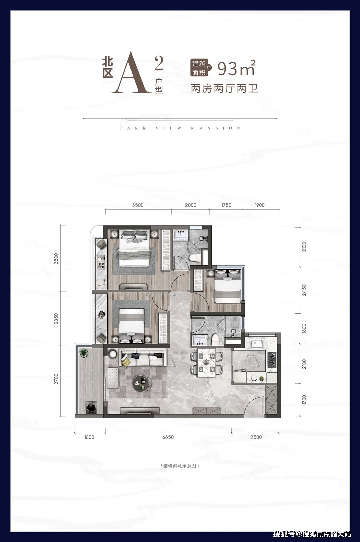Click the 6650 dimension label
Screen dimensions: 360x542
click(x=168, y=437)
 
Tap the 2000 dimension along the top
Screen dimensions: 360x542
click(x=191, y=205)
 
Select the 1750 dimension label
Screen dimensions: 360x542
click(x=226, y=205)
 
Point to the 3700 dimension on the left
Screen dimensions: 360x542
click(x=56, y=379)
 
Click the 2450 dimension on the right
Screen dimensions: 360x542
click(x=304, y=290)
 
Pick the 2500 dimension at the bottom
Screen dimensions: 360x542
click(x=256, y=437)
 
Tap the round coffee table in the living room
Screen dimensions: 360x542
click(x=142, y=383)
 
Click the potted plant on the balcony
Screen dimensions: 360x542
click(x=84, y=353)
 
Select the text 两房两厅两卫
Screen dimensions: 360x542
click(x=224, y=89)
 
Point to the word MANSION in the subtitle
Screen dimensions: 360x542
click(x=216, y=128)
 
